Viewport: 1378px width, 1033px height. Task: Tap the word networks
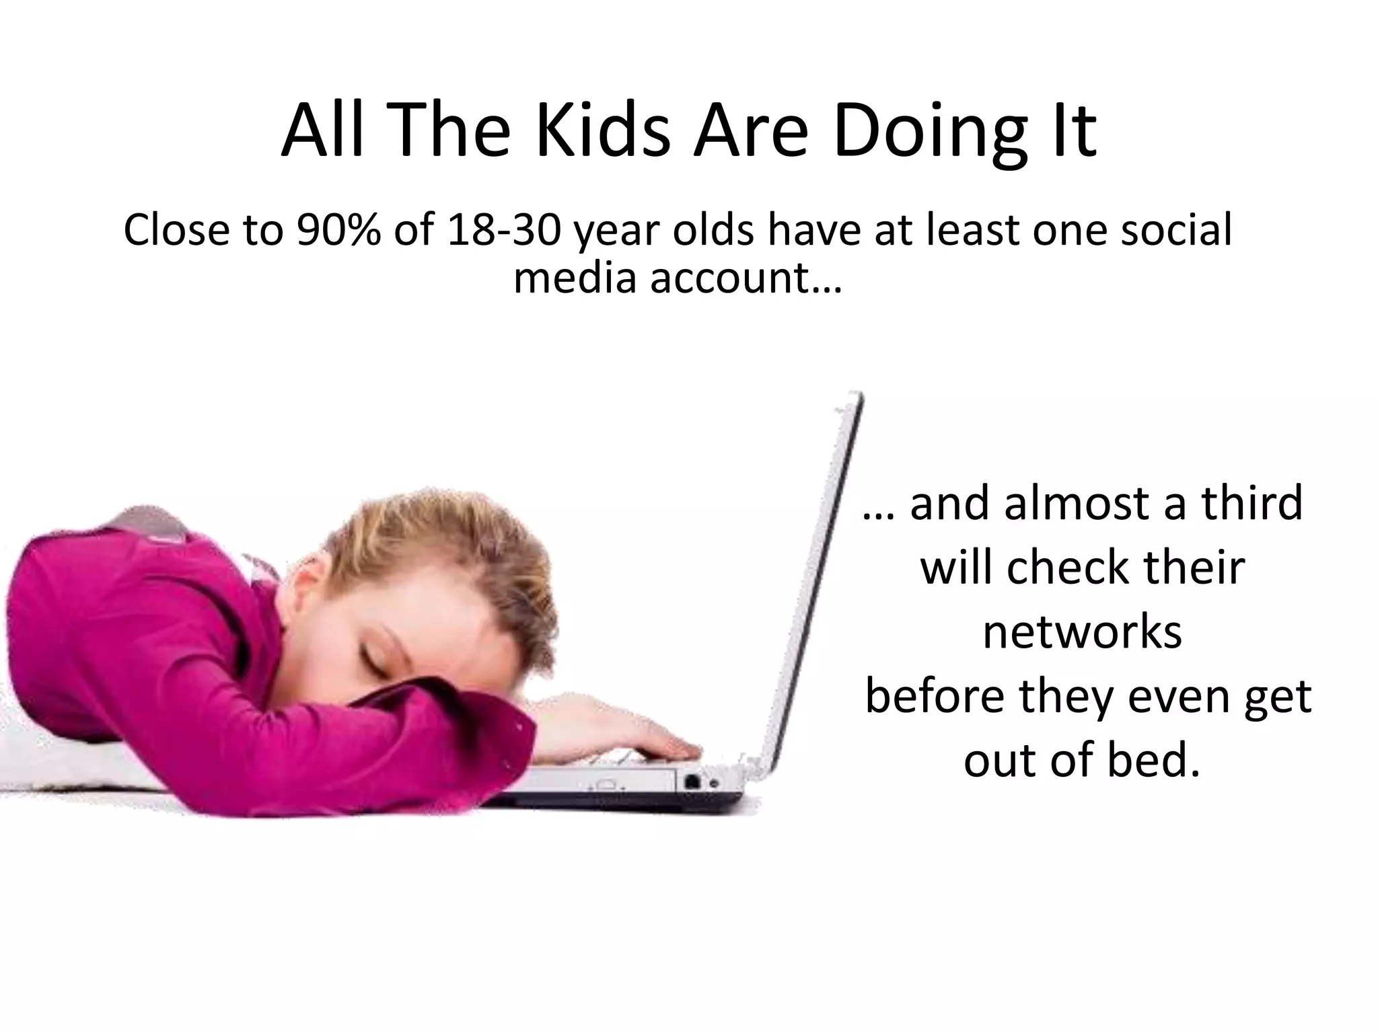click(x=1082, y=632)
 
